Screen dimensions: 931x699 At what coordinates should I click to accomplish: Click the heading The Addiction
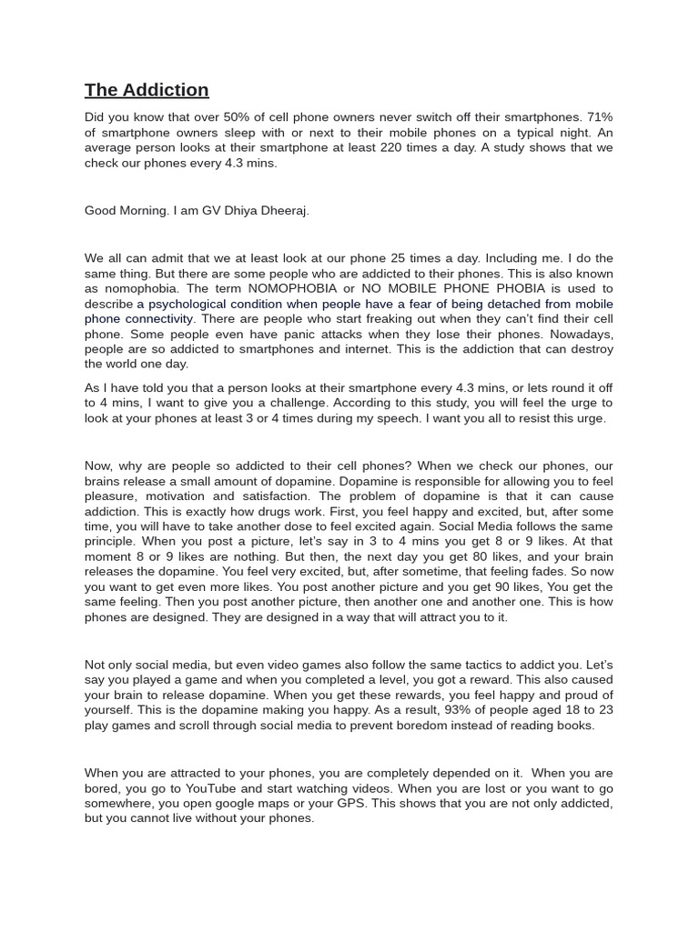click(147, 89)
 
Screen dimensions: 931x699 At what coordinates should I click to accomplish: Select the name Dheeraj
click(284, 210)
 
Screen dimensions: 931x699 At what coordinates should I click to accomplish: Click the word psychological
click(190, 304)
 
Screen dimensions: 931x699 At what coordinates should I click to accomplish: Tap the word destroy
click(589, 349)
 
